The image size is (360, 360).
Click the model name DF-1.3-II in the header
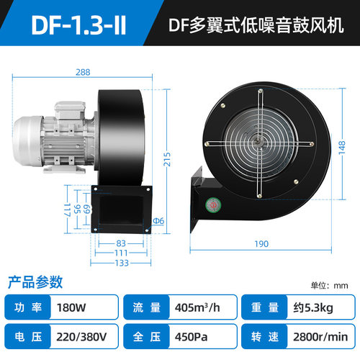(78, 25)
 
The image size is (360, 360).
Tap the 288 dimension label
(83, 72)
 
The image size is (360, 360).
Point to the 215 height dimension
(167, 159)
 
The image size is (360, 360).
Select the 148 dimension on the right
(342, 148)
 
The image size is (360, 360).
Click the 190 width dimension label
(261, 244)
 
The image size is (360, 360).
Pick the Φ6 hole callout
(158, 220)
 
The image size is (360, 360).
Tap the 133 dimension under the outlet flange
(122, 263)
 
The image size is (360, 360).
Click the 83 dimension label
(121, 243)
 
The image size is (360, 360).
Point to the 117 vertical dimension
(67, 210)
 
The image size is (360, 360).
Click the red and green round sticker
(213, 204)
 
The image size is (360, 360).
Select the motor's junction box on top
(70, 109)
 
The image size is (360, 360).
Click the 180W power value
(71, 307)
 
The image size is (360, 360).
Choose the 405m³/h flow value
(197, 307)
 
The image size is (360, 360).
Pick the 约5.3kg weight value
(313, 307)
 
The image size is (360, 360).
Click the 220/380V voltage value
(81, 337)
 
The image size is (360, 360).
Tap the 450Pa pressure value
(191, 337)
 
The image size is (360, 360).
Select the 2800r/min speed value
(320, 337)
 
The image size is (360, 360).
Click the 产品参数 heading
(35, 282)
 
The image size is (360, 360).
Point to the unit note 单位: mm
(329, 285)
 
